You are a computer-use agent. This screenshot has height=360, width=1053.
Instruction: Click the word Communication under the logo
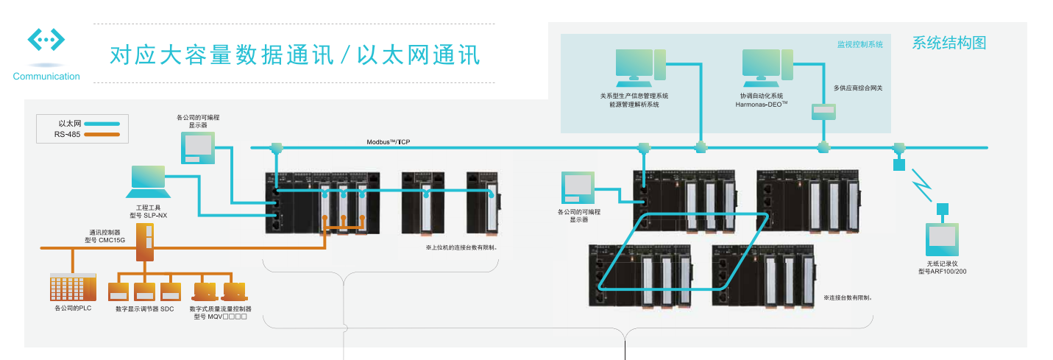46,77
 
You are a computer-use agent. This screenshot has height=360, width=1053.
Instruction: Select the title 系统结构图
949,43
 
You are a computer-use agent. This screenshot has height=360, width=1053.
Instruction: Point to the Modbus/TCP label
388,141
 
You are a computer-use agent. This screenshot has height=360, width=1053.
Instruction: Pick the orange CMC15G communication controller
146,242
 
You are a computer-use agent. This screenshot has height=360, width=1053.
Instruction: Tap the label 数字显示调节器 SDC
144,309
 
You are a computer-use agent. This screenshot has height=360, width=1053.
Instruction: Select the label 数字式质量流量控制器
220,309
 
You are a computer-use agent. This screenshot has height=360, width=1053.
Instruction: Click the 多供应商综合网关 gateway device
823,112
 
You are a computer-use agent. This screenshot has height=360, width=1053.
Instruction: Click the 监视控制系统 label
859,44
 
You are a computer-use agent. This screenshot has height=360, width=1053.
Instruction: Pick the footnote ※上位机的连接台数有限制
461,247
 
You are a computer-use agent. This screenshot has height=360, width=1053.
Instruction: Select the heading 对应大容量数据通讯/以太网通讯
294,54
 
